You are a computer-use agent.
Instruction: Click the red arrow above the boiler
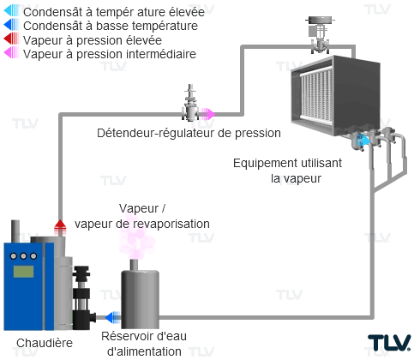coord(60,227)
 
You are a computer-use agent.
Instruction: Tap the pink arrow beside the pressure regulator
coord(207,114)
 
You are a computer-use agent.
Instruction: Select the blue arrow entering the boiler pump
coord(113,317)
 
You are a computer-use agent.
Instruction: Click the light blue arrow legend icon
coord(11,11)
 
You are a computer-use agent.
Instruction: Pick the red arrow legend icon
coord(11,39)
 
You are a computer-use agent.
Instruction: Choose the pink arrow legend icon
coord(11,52)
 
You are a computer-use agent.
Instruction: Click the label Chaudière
coord(45,343)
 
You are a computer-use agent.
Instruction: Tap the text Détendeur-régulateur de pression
coord(189,133)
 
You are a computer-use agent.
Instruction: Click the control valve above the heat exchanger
coord(320,35)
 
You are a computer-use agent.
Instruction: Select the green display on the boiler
coord(23,272)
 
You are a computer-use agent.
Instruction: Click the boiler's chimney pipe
coord(15,231)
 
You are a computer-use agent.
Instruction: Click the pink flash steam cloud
coord(136,239)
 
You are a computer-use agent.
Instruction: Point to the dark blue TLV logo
coord(389,343)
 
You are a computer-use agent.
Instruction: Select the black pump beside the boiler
coord(83,298)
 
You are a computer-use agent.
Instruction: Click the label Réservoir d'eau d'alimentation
coord(144,344)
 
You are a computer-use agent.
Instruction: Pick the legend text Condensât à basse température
coord(111,26)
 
